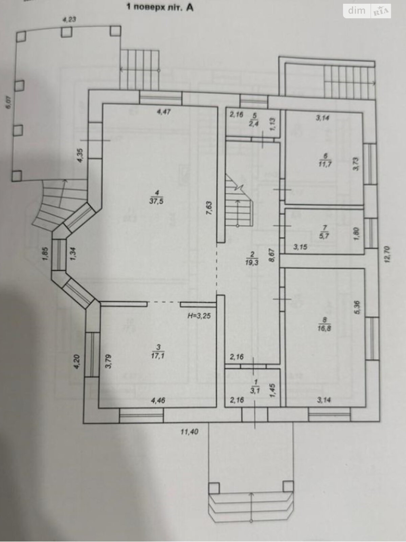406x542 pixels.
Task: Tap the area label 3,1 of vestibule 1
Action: tap(255, 390)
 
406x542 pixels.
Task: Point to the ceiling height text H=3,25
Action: tap(199, 316)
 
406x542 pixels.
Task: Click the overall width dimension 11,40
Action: tap(189, 432)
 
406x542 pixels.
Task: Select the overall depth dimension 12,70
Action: tap(388, 254)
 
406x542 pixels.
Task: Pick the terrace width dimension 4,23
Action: tap(69, 19)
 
